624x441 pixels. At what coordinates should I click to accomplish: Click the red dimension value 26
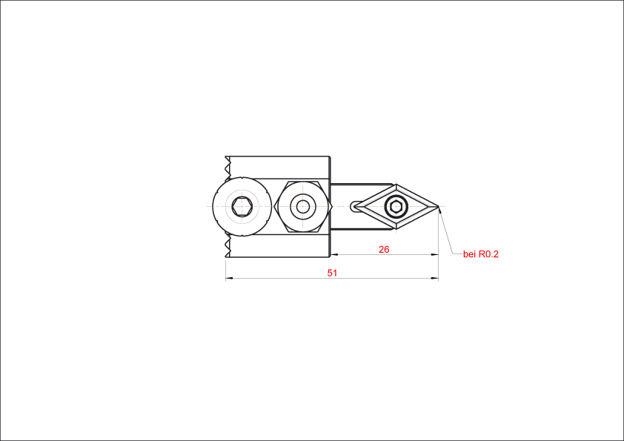click(384, 250)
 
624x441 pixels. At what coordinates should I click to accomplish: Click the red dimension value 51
click(332, 273)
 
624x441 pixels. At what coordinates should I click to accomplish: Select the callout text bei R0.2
click(481, 254)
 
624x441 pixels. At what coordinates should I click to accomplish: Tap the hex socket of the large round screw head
click(242, 206)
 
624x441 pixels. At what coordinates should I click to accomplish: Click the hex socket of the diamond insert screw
click(396, 207)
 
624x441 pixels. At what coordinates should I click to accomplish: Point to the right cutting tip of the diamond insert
click(438, 206)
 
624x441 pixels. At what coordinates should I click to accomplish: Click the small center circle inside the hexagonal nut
click(303, 207)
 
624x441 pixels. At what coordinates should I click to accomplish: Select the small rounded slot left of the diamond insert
click(354, 206)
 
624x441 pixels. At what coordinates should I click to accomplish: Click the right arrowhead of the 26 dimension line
click(435, 254)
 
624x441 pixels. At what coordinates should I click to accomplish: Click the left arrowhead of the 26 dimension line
click(334, 254)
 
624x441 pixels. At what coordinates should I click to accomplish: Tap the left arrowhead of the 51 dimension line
click(229, 278)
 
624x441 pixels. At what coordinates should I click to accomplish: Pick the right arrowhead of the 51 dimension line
click(435, 278)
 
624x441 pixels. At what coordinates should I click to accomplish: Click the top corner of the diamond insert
click(396, 185)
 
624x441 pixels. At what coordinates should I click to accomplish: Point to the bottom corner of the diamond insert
click(396, 229)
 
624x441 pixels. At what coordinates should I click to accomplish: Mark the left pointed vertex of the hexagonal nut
click(274, 207)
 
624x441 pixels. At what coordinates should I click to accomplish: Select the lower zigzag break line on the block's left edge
click(228, 246)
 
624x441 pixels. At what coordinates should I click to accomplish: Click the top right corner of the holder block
click(330, 156)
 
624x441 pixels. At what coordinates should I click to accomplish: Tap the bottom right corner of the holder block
click(330, 257)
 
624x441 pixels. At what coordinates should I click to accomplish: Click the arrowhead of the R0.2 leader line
click(440, 210)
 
